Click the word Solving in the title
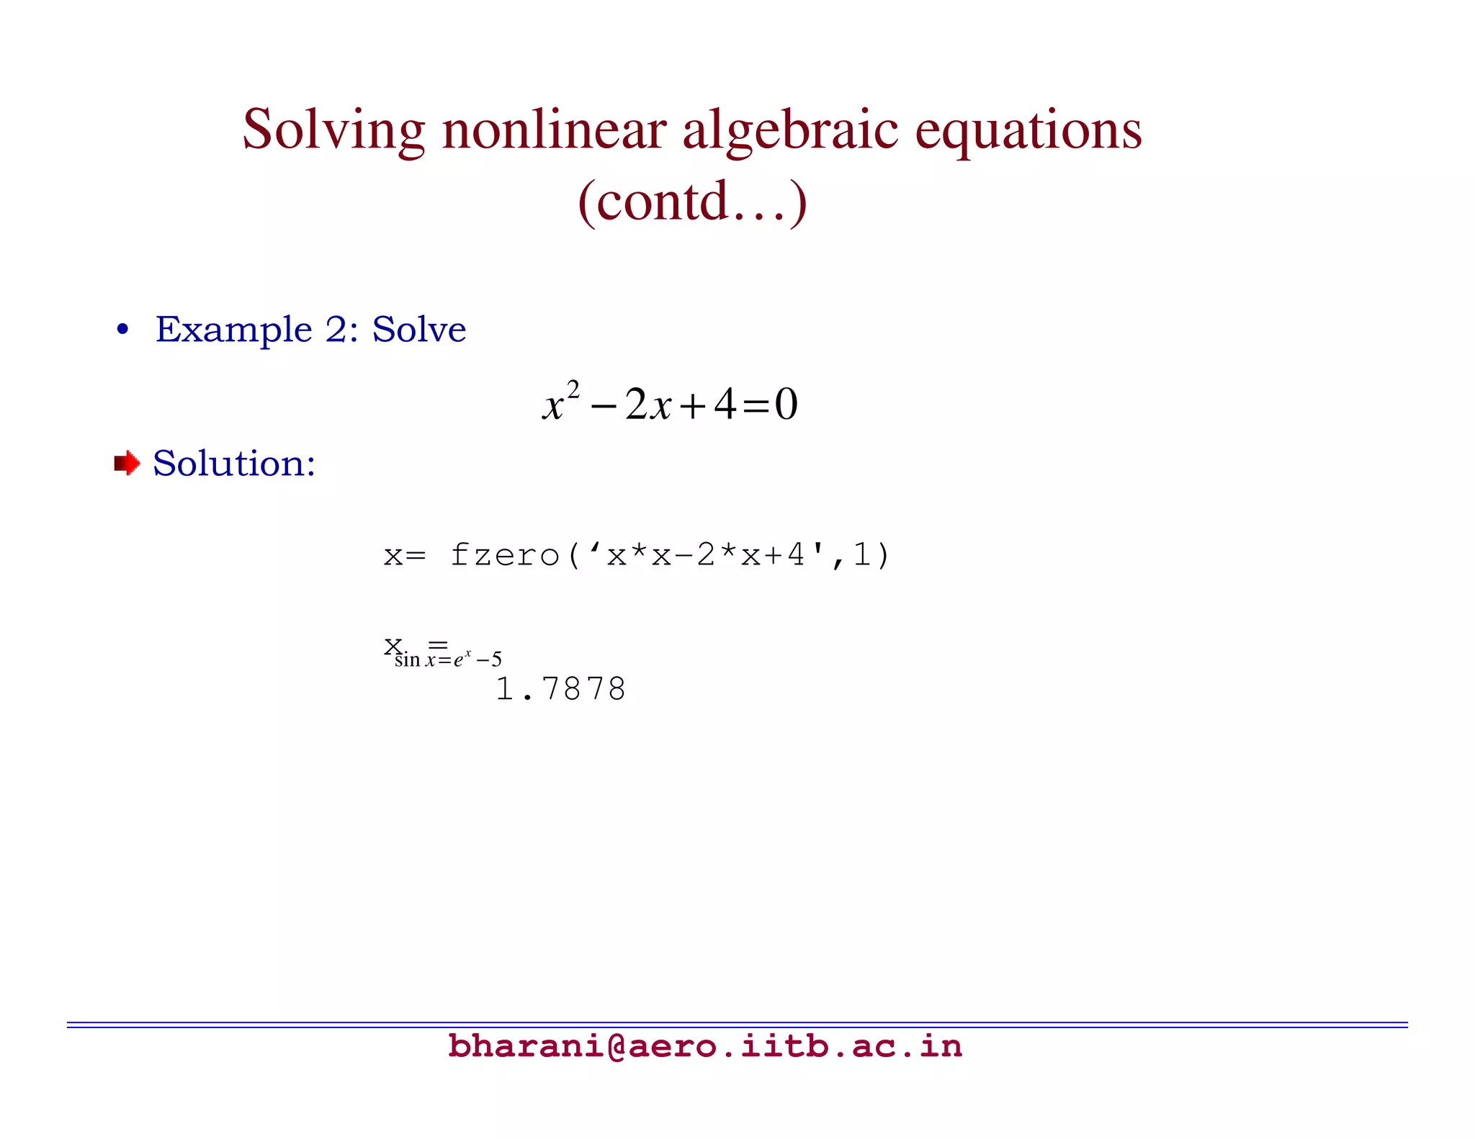coord(333,130)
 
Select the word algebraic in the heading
coord(790,130)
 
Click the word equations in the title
coord(1028,130)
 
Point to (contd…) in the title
coord(692,201)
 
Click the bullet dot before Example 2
coord(123,330)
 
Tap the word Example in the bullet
coord(233,330)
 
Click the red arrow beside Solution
coord(127,463)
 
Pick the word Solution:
coord(234,463)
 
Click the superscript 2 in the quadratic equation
coord(573,390)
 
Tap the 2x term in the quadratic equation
coord(647,405)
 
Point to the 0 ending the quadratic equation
coord(786,405)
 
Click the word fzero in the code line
coord(505,555)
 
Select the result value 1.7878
coord(561,689)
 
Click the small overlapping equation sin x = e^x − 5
coord(448,659)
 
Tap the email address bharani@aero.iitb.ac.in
coord(704,1045)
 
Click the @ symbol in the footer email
coord(617,1045)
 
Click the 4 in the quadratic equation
coord(725,405)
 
